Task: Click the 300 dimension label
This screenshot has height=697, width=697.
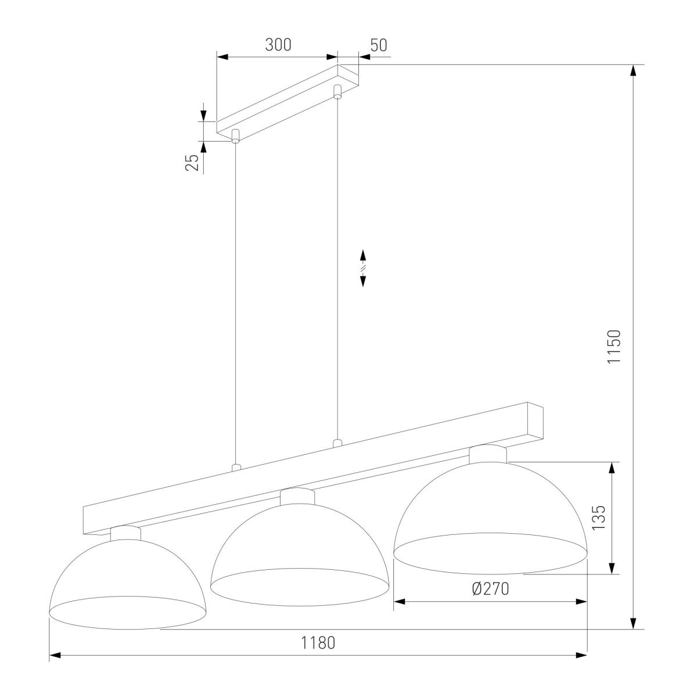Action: click(278, 45)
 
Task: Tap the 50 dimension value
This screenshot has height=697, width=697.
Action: click(379, 45)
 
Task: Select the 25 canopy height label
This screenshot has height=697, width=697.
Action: click(192, 163)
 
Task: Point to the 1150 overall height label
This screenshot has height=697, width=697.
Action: click(614, 346)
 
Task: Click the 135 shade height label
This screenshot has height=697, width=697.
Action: click(599, 518)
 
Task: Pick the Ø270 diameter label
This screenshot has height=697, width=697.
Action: click(491, 589)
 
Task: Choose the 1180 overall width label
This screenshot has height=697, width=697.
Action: click(318, 643)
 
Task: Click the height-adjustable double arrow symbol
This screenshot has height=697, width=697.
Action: click(363, 268)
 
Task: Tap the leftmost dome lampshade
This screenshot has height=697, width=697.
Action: click(127, 586)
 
